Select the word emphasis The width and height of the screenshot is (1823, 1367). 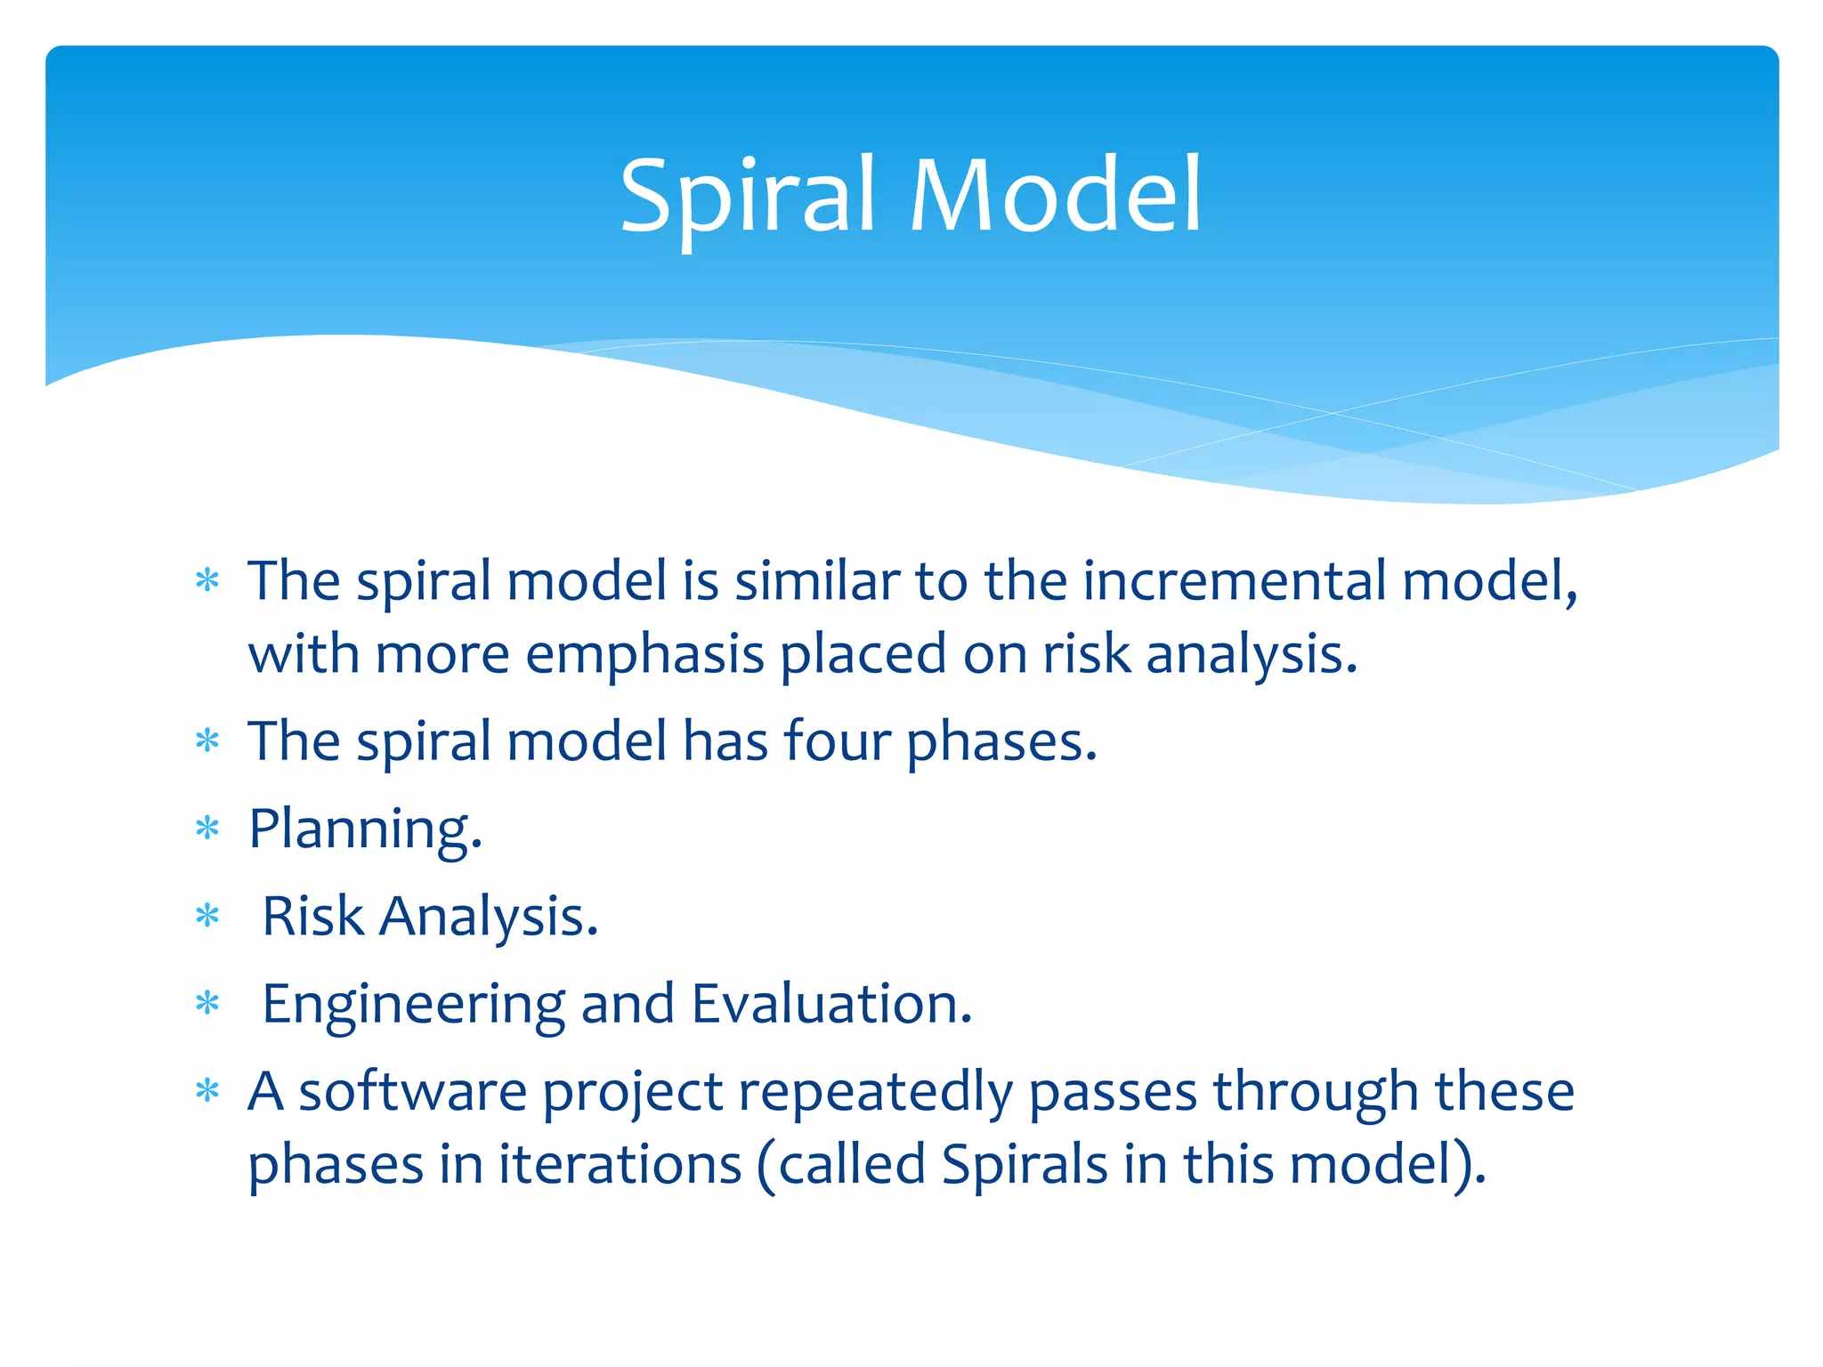644,655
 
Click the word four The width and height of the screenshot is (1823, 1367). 837,740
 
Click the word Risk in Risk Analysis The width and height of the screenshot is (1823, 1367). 313,916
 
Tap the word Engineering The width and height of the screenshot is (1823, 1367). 413,1005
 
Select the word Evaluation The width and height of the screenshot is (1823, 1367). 831,1004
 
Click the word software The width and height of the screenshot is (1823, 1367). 413,1092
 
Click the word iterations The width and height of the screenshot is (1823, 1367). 620,1164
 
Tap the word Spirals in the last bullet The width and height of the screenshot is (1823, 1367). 1024,1164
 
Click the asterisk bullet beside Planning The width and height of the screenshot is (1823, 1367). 207,829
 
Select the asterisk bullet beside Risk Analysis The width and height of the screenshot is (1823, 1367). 207,916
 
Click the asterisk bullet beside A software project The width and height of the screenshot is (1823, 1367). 207,1091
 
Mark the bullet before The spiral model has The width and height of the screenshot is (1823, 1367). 207,740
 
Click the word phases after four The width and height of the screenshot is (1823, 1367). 1001,742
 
